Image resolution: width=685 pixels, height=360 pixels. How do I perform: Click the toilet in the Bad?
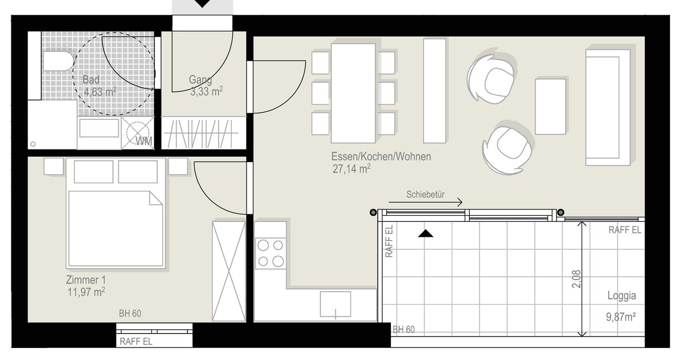point(58,61)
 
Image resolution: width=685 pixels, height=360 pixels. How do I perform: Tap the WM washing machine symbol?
point(138,134)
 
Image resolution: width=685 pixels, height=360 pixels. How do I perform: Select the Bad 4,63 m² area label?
point(99,86)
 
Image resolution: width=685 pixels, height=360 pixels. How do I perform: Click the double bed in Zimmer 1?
point(115,213)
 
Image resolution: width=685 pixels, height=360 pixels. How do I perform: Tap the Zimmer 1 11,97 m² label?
point(86,286)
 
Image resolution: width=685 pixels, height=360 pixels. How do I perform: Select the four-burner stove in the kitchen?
point(271,254)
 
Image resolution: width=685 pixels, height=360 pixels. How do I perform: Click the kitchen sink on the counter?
point(336,305)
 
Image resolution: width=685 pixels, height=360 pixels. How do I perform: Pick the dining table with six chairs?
point(353,93)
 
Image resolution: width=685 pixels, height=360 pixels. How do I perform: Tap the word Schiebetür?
point(425,195)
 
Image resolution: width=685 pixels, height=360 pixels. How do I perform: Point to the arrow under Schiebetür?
point(425,202)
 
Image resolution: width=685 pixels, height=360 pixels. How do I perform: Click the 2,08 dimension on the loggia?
point(576,279)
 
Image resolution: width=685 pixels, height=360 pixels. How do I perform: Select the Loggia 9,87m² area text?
point(622,306)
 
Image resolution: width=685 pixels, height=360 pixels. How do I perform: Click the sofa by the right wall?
point(607,107)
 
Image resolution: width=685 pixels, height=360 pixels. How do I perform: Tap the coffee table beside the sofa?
point(550,107)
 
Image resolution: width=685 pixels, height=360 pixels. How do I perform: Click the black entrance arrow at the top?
point(202,3)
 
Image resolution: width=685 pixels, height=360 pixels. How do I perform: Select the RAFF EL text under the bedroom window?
point(136,341)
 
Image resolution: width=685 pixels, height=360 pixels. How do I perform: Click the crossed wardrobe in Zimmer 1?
point(229,272)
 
